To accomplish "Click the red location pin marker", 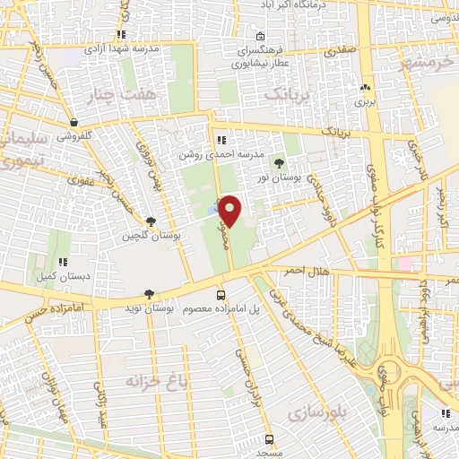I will pos(230,212).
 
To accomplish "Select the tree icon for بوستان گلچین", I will pos(150,221).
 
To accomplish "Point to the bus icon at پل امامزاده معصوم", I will pos(221,295).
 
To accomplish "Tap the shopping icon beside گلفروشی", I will pos(73,123).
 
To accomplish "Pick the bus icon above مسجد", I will pos(269,439).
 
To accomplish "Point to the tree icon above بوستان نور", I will pos(279,163).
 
